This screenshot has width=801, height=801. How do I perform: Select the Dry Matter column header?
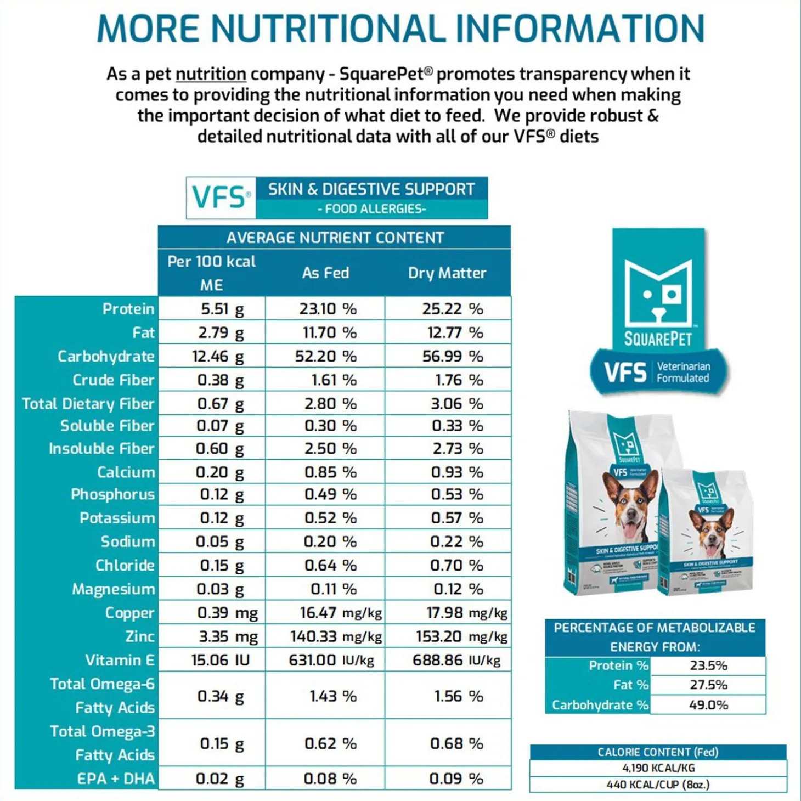[x=447, y=273]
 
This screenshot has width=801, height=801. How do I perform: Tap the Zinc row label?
[x=139, y=636]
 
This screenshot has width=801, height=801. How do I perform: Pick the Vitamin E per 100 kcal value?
[x=220, y=660]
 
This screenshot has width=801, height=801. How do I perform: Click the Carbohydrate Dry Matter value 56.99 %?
[x=452, y=357]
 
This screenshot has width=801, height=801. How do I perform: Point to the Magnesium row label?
[x=113, y=589]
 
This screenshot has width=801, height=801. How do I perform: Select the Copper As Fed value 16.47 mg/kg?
[x=340, y=613]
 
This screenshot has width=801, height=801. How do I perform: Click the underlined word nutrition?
[x=211, y=74]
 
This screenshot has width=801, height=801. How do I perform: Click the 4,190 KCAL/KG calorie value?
[x=658, y=768]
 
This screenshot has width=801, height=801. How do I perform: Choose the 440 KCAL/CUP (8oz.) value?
[x=658, y=785]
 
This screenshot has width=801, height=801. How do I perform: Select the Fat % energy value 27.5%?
[x=708, y=685]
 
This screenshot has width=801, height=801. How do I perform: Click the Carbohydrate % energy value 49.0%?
[x=708, y=705]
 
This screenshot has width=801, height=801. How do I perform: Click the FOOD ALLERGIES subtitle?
[x=371, y=209]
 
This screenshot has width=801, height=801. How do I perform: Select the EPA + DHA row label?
[x=116, y=779]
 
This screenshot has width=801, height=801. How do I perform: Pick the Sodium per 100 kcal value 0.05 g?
[x=220, y=542]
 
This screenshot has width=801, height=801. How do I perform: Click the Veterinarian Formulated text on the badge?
[x=683, y=372]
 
